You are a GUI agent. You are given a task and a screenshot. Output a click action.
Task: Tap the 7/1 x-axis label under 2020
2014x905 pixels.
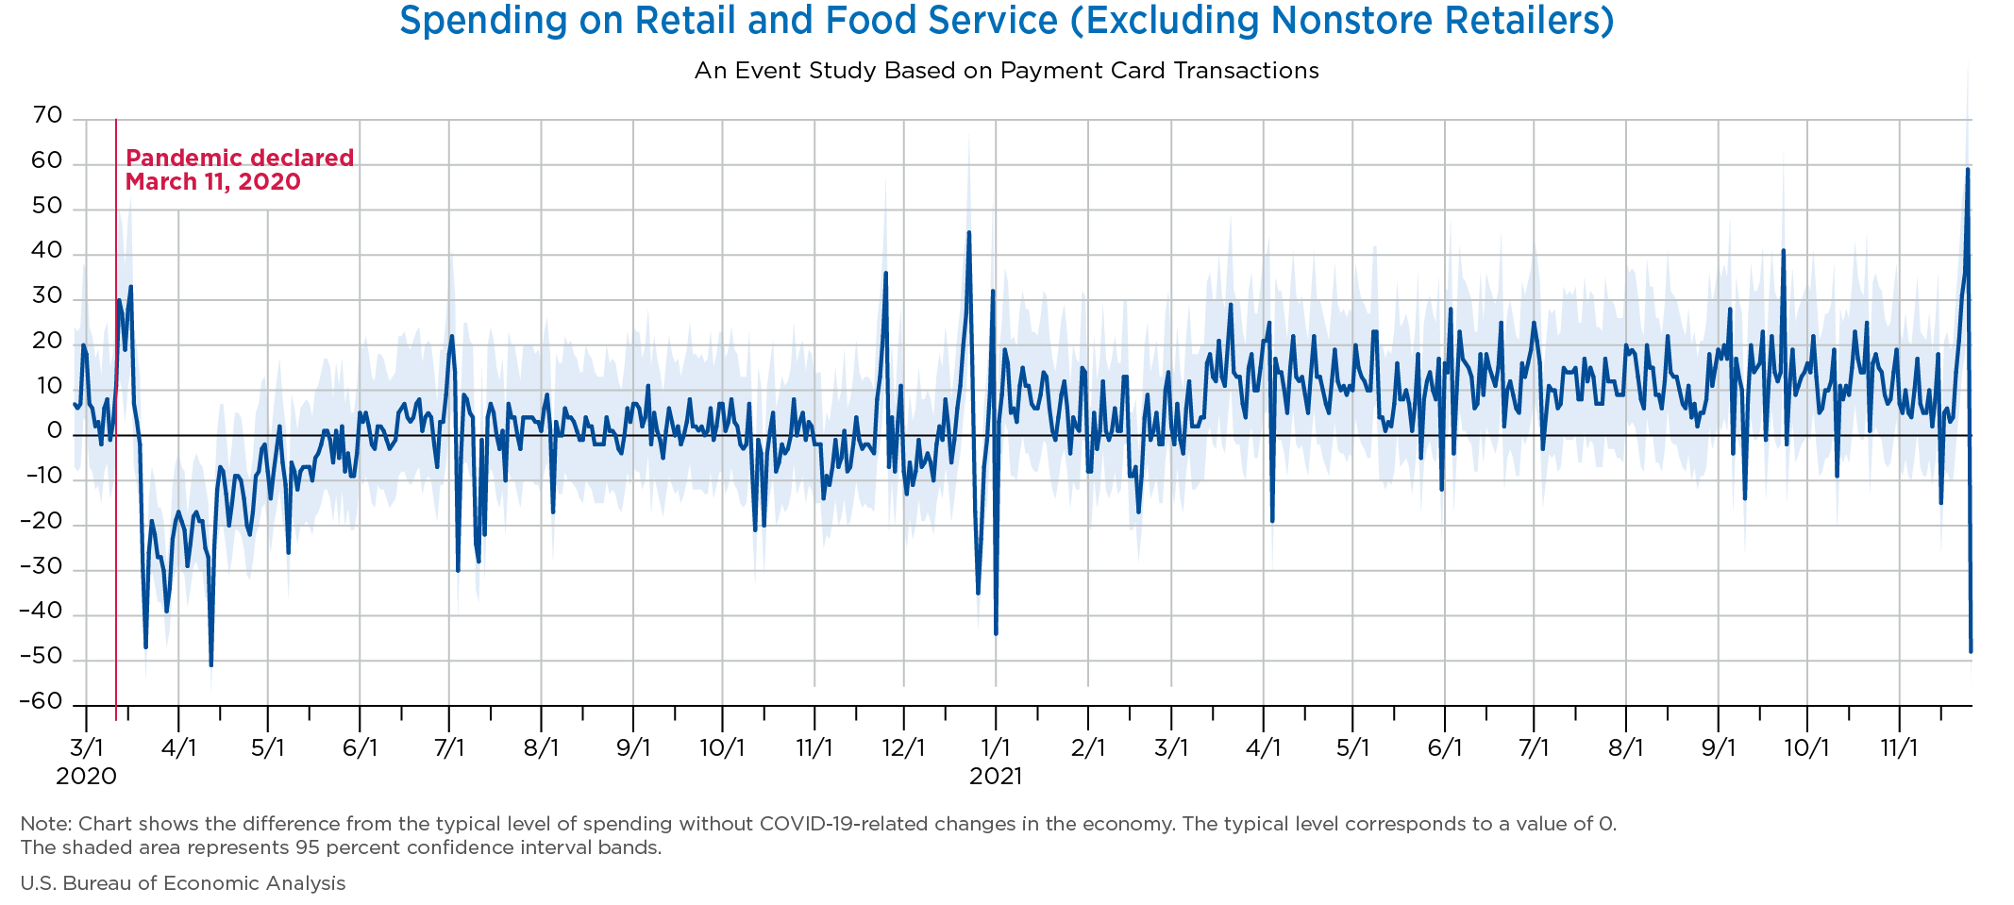coord(449,748)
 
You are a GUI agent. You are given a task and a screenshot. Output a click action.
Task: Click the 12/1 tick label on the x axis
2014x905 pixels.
coord(903,748)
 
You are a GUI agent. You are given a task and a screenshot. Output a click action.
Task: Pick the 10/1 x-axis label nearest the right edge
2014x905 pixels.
coord(1806,748)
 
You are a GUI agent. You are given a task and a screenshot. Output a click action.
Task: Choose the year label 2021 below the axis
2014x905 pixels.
coord(996,777)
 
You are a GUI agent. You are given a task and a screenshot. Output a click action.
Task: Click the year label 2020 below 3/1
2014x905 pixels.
coord(86,777)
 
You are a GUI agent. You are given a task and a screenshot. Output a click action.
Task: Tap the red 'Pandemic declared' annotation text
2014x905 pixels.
coord(240,158)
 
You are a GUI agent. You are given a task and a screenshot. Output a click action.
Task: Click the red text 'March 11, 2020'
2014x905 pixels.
coord(213,181)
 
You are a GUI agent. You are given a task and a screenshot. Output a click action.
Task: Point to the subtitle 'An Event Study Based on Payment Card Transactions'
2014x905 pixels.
coord(1006,71)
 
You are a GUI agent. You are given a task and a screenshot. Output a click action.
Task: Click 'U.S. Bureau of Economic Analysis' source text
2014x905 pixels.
coord(183,883)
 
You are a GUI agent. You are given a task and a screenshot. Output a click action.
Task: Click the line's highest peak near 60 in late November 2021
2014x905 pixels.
coord(1967,170)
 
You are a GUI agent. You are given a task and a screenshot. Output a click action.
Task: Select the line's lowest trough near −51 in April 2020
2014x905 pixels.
coord(210,665)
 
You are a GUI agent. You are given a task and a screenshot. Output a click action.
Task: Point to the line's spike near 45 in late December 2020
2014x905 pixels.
coord(968,232)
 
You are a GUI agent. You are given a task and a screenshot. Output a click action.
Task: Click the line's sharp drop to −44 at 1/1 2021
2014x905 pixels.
coord(996,633)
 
